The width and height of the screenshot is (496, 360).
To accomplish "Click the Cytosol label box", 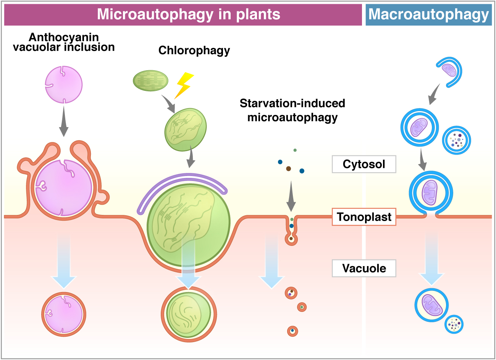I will (x=364, y=164).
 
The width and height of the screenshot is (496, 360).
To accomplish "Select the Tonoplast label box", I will (x=364, y=217).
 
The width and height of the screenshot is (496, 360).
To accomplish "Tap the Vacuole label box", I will (x=364, y=268).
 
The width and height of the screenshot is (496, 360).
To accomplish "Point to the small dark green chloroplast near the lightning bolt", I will (x=150, y=81).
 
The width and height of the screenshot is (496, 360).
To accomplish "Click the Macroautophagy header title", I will (x=428, y=15).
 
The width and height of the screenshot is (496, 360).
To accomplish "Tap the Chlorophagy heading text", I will (x=194, y=50).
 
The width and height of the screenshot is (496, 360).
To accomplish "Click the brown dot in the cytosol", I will (x=289, y=168).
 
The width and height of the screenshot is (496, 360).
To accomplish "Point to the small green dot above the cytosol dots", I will (x=295, y=150).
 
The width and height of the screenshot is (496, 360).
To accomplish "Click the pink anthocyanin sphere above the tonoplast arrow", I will (x=64, y=84).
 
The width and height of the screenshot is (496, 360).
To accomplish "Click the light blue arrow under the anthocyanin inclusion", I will (x=63, y=263).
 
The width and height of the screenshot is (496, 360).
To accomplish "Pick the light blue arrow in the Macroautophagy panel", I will (x=431, y=260).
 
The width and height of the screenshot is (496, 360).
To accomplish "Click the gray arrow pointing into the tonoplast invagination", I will (x=291, y=197).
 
